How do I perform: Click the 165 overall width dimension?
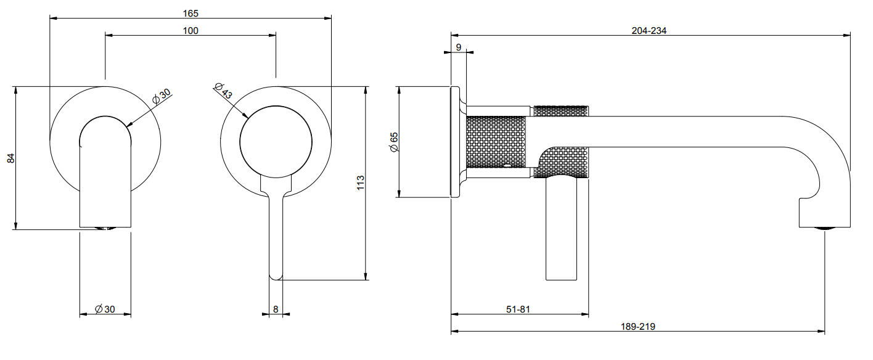(x=191, y=13)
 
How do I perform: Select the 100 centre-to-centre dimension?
(x=191, y=30)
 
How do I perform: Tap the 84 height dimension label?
(x=11, y=158)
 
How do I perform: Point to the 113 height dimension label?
(x=361, y=182)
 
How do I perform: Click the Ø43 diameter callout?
(x=224, y=91)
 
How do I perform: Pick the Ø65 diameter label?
(x=394, y=142)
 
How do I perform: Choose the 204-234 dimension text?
(x=649, y=30)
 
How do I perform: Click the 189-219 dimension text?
(x=638, y=326)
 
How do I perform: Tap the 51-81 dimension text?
(x=518, y=309)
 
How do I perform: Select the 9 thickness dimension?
(x=458, y=47)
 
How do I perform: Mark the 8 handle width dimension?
(x=276, y=309)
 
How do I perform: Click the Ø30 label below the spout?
(x=105, y=309)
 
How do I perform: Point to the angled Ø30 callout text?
(x=162, y=96)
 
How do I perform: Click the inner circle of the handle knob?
(x=276, y=142)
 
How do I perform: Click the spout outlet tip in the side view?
(x=825, y=229)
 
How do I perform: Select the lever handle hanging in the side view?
(x=561, y=229)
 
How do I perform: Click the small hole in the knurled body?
(x=507, y=166)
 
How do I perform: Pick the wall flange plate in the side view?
(x=455, y=142)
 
